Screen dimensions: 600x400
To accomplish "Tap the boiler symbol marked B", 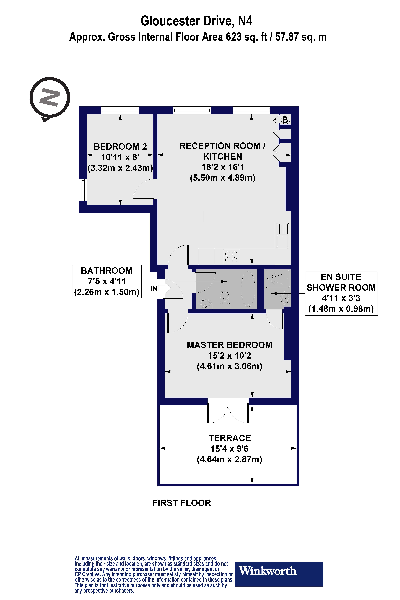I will click(285, 119).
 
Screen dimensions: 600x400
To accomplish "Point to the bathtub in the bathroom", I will click(248, 289).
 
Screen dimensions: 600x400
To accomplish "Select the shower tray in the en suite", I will click(278, 279).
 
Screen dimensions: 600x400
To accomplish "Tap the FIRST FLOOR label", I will click(182, 503).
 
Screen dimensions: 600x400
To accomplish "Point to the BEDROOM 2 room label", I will click(120, 147).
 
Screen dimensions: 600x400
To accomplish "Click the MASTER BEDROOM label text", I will click(229, 345).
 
